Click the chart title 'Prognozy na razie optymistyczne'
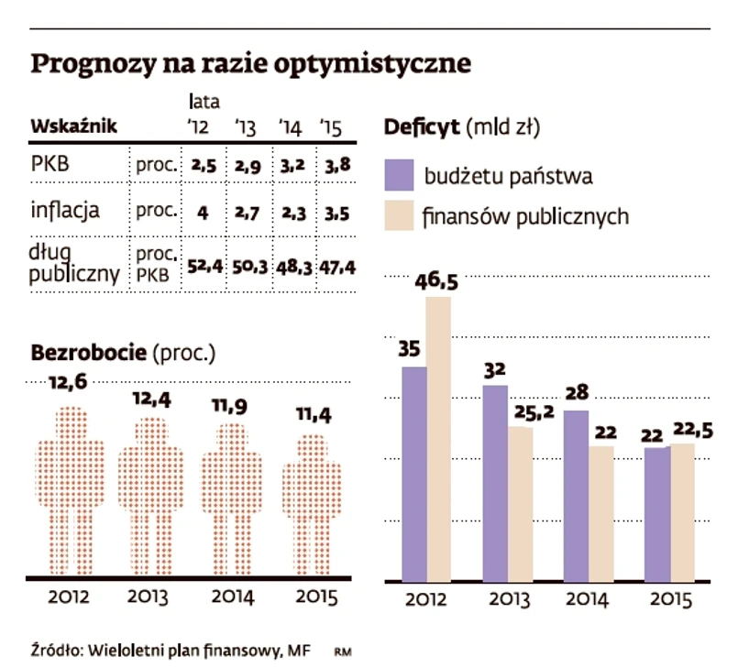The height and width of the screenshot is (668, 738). [x=252, y=63]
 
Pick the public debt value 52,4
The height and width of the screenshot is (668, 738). [x=204, y=267]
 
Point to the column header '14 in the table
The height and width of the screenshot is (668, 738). [x=290, y=128]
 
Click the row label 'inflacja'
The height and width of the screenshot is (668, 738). [x=65, y=211]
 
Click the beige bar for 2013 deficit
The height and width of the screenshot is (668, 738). [x=521, y=503]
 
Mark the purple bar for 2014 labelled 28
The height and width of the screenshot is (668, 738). [x=575, y=495]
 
